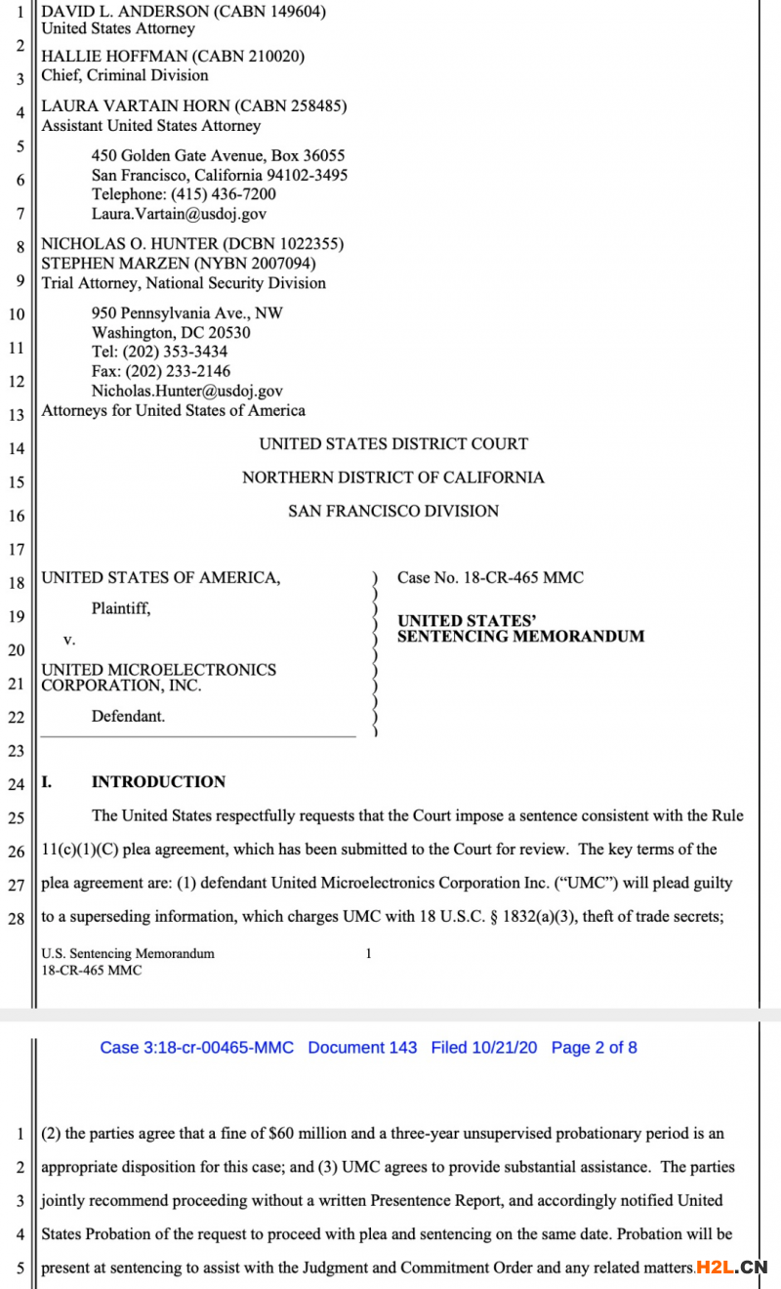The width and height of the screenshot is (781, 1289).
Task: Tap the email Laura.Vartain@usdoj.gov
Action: pyautogui.click(x=179, y=213)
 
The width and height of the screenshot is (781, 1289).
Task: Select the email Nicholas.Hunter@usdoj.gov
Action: pyautogui.click(x=187, y=391)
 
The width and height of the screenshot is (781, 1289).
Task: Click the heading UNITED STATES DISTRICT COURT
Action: pyautogui.click(x=393, y=444)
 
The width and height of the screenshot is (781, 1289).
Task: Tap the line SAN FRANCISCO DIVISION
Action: pyautogui.click(x=393, y=511)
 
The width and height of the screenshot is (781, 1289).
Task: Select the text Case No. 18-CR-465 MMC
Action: pyautogui.click(x=490, y=577)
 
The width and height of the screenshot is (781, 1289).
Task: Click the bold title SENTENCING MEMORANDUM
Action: pyautogui.click(x=520, y=637)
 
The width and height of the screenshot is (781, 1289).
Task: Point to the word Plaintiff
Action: pyautogui.click(x=121, y=607)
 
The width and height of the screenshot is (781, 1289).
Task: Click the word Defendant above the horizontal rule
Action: pyautogui.click(x=128, y=716)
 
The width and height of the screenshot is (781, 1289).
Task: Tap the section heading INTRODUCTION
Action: pyautogui.click(x=158, y=781)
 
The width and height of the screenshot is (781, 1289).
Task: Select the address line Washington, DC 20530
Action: pyautogui.click(x=171, y=332)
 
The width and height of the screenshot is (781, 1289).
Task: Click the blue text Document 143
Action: pyautogui.click(x=362, y=1047)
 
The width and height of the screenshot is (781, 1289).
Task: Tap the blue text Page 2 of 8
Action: pyautogui.click(x=594, y=1047)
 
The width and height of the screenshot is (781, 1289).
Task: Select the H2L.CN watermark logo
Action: pyautogui.click(x=731, y=1267)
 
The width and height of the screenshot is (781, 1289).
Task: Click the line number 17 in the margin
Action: pyautogui.click(x=16, y=549)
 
